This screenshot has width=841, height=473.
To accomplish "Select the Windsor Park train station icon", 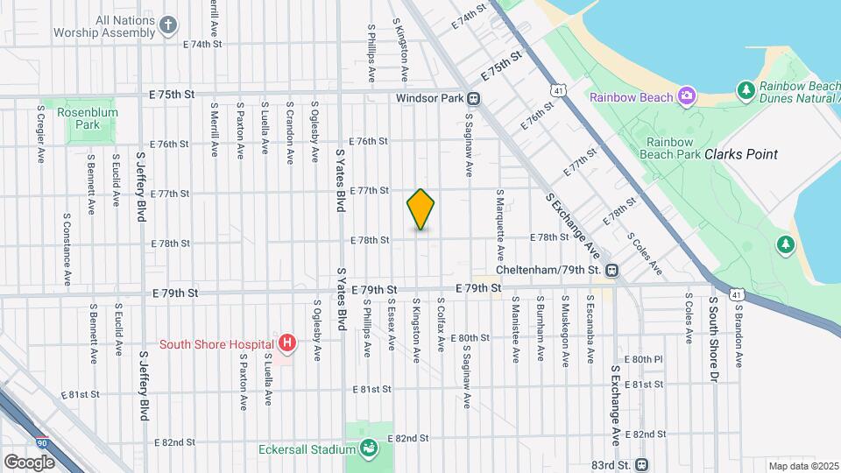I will [x=473, y=99].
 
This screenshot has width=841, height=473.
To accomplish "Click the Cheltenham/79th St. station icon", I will [x=612, y=270].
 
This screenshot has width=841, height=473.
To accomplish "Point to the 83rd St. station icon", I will [x=642, y=464].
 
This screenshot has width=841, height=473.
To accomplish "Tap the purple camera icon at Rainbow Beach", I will [x=687, y=95].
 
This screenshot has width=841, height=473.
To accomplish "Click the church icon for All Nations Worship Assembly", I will [x=169, y=25].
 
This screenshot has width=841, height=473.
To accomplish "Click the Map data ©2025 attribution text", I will [x=803, y=466].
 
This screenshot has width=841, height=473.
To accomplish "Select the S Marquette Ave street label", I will [x=500, y=224].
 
